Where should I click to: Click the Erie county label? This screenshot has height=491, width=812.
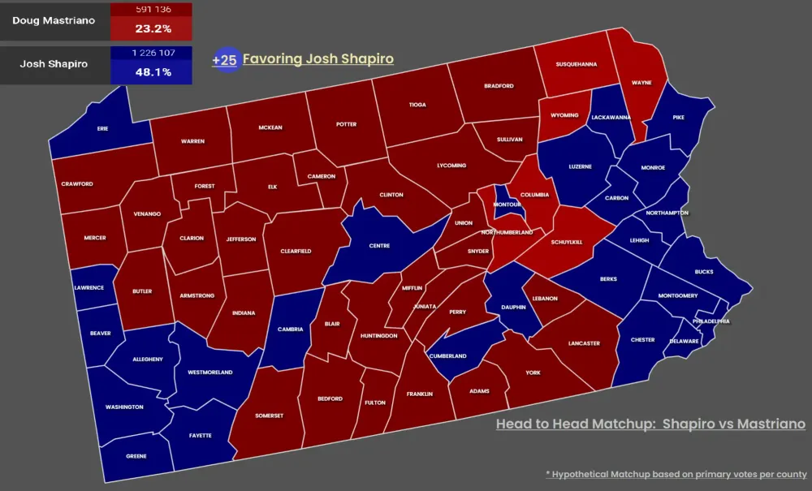[x=102, y=128]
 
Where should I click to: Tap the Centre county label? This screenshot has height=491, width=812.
[x=379, y=246]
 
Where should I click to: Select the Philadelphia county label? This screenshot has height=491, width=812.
[x=711, y=321]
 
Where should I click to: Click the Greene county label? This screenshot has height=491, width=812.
[x=136, y=456]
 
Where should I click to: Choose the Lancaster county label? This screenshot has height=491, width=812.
[x=585, y=343]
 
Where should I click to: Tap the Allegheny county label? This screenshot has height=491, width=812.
[x=147, y=360]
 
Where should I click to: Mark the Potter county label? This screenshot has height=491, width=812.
[x=347, y=126]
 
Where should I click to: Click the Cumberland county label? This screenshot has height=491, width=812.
[x=447, y=356]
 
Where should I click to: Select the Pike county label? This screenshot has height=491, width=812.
[x=679, y=118]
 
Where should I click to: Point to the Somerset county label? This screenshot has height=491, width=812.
[x=270, y=416]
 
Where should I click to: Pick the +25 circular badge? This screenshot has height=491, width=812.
[x=225, y=59]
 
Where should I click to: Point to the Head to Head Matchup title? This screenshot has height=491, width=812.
[x=650, y=424]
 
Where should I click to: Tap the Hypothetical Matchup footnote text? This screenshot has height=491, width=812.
[x=676, y=474]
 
